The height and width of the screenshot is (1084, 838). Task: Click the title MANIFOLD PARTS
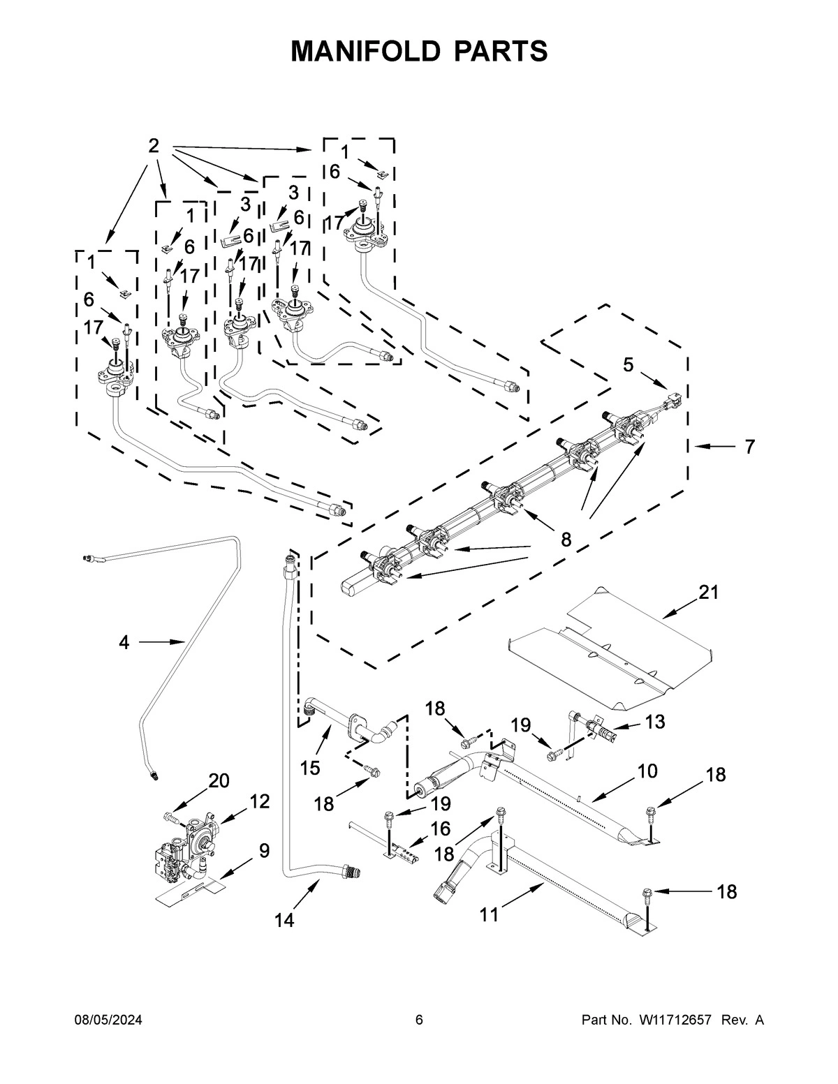[419, 51]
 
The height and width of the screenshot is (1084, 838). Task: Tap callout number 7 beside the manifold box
[749, 447]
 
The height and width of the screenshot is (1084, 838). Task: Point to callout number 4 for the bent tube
[124, 642]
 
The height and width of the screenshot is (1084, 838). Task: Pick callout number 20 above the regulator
[219, 781]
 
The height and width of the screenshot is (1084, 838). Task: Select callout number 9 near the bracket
[264, 851]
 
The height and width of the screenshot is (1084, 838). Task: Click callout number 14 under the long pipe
[284, 921]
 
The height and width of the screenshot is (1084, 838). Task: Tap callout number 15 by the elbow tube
[310, 768]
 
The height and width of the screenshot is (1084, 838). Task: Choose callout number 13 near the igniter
[654, 722]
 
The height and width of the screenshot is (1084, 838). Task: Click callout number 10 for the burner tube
[647, 771]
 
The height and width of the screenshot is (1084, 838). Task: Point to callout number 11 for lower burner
[490, 914]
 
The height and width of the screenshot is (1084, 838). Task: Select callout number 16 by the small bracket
[441, 829]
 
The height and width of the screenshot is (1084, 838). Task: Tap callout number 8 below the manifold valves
[565, 539]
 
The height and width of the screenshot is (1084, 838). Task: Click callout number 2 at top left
[154, 146]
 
